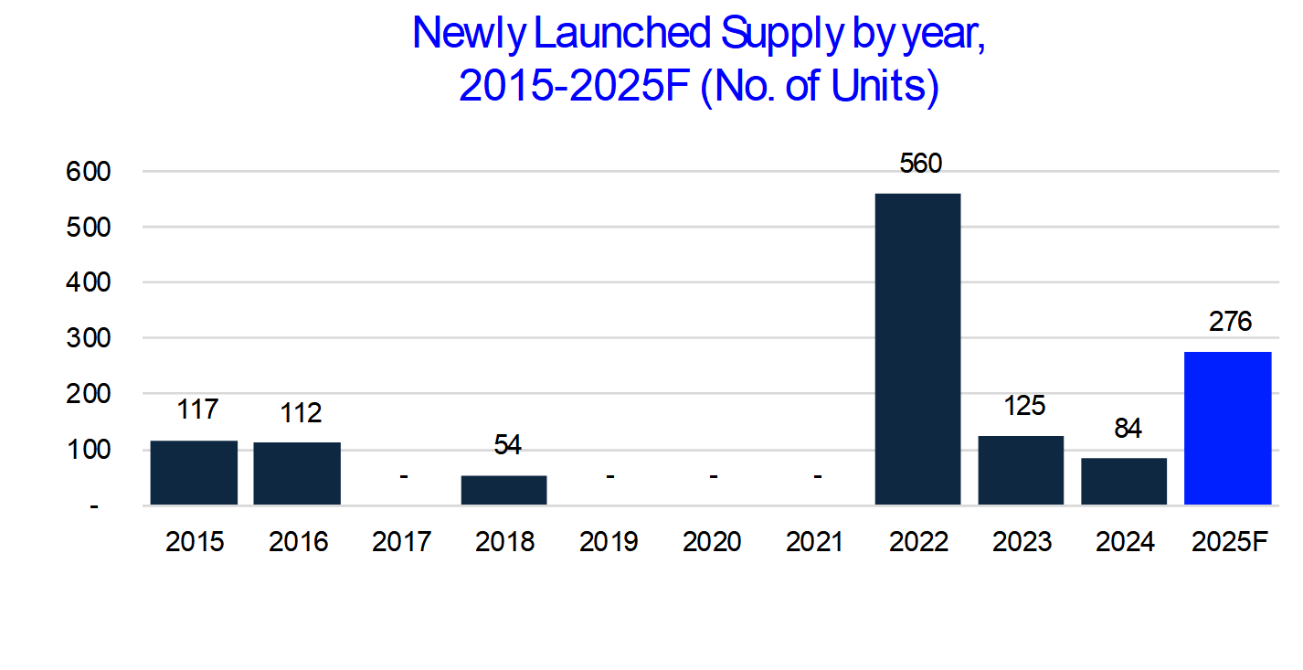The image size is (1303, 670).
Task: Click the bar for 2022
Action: point(917,348)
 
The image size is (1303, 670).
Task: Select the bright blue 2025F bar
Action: point(1227,428)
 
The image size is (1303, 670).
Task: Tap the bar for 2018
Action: point(503,490)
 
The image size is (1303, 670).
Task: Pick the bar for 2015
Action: point(194,473)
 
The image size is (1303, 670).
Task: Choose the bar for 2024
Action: point(1124,481)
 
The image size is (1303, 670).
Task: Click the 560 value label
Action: point(920,164)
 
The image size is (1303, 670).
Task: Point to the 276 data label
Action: point(1229,322)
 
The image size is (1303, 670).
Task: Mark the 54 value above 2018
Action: point(507,445)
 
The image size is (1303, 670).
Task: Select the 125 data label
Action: point(1023,405)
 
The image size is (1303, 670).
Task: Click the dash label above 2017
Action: point(403,476)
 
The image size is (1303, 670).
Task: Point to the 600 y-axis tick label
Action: point(88,171)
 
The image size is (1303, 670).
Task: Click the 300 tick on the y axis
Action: point(88,338)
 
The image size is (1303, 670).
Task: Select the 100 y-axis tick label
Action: point(88,450)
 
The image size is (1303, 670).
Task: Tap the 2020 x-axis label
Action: point(712,542)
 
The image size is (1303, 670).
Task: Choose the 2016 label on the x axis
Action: point(298,542)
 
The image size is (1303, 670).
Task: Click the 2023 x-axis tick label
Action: point(1022,542)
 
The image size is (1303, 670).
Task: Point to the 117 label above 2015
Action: point(196,409)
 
